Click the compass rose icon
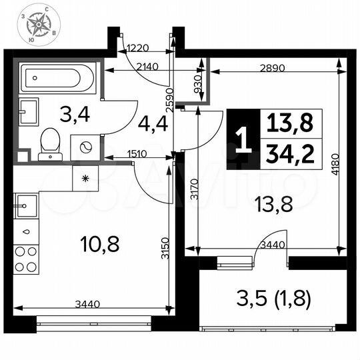click(39, 26)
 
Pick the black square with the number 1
click(241, 140)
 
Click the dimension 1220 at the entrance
click(140, 47)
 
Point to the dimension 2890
click(273, 67)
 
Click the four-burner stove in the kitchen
click(25, 259)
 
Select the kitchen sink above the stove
click(24, 204)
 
